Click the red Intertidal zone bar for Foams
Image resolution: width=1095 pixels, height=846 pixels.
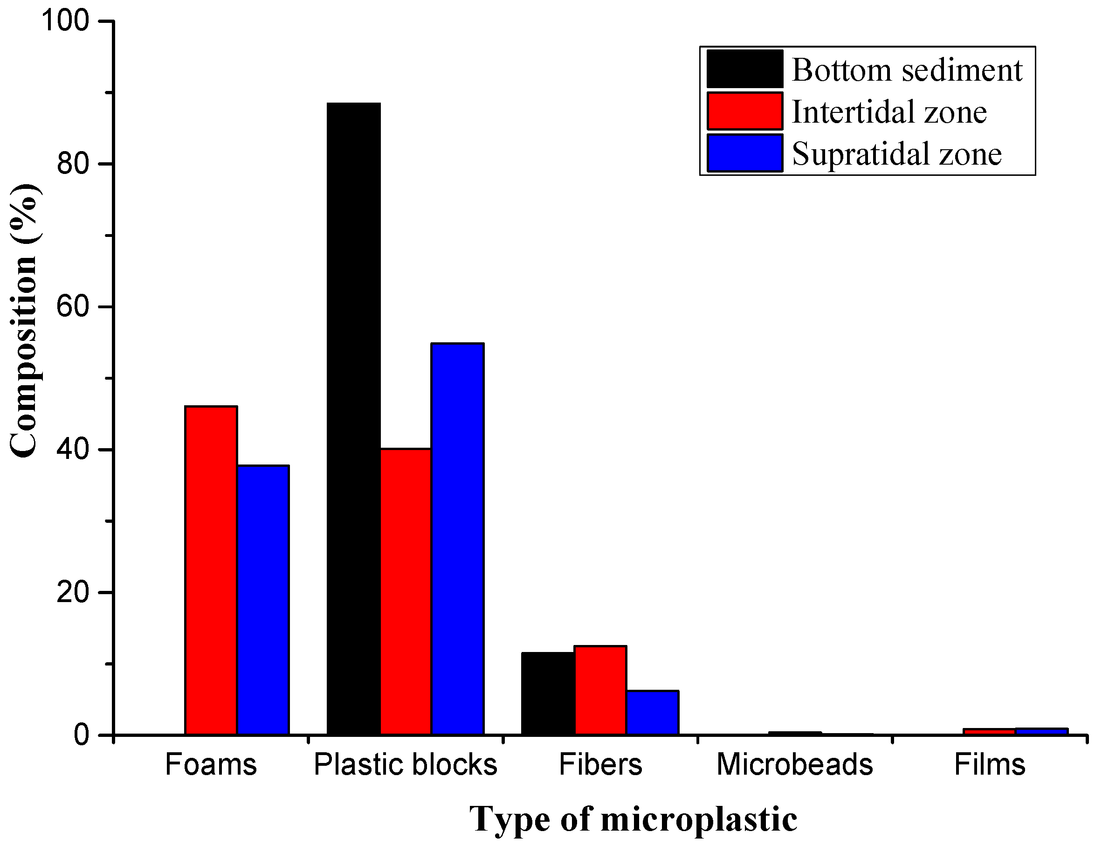pyautogui.click(x=211, y=570)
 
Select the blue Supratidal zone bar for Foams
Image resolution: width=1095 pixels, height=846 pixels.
pyautogui.click(x=263, y=600)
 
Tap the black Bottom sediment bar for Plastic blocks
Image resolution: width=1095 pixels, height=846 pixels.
pyautogui.click(x=353, y=419)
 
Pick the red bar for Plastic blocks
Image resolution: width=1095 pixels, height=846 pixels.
pyautogui.click(x=406, y=592)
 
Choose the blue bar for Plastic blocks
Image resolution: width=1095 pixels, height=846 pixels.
pyautogui.click(x=458, y=539)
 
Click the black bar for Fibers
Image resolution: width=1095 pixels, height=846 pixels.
pyautogui.click(x=548, y=693)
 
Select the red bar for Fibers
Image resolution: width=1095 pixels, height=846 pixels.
pyautogui.click(x=600, y=691)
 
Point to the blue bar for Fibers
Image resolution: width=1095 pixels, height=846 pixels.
pyautogui.click(x=652, y=713)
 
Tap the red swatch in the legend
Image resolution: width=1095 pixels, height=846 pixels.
pyautogui.click(x=744, y=111)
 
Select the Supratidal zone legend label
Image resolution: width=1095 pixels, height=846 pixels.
pyautogui.click(x=896, y=153)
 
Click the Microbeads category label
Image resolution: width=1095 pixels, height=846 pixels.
pyautogui.click(x=795, y=765)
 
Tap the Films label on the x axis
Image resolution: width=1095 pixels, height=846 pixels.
pyautogui.click(x=989, y=765)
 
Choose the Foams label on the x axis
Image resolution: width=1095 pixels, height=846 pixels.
pyautogui.click(x=211, y=765)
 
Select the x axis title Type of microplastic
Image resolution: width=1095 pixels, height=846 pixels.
pyautogui.click(x=633, y=819)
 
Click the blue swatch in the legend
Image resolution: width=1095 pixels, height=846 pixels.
pyautogui.click(x=744, y=153)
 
